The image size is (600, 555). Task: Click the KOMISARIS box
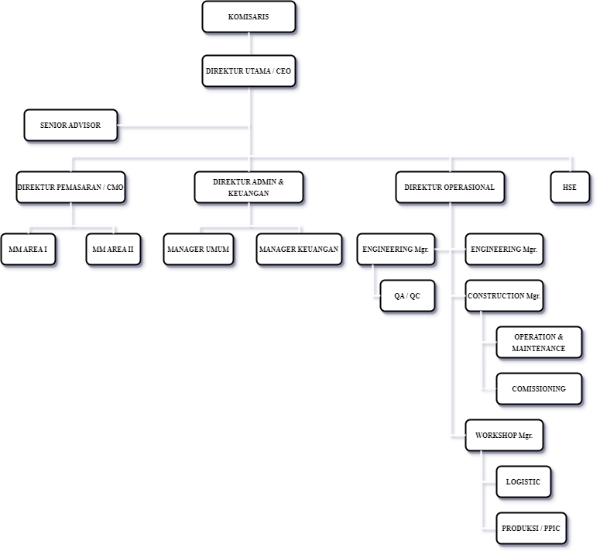[249, 17]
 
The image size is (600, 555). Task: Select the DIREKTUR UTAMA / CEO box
[249, 71]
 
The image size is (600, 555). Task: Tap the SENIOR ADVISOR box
[70, 126]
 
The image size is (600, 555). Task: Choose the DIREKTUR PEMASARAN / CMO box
[70, 188]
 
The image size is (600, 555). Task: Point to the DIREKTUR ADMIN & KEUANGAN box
[249, 188]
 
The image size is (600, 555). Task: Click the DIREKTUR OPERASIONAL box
[450, 188]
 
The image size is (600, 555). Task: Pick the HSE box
[569, 188]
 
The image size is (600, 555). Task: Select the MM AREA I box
[28, 250]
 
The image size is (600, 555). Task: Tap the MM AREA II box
[113, 250]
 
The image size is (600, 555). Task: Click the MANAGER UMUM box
[198, 250]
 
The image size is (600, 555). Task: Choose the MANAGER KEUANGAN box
[299, 250]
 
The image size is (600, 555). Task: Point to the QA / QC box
[407, 296]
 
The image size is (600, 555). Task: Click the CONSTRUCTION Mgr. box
[503, 296]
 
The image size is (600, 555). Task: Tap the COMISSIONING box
[538, 389]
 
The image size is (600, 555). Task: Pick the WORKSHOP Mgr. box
[503, 436]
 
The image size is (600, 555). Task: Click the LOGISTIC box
[523, 482]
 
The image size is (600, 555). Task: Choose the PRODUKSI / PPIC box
[531, 529]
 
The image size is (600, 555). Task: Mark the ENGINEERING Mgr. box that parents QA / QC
[396, 250]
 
